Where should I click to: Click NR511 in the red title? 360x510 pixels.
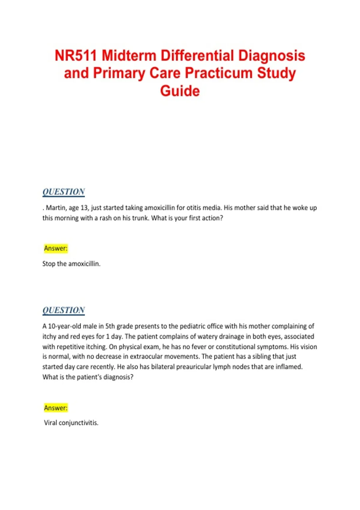click(76, 56)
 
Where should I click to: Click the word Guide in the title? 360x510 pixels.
click(180, 91)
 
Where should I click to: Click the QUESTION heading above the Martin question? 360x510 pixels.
click(64, 192)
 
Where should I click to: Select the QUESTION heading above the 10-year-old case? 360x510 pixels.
click(64, 310)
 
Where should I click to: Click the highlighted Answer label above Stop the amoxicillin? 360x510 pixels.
click(56, 248)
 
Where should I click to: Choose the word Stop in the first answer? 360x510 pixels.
click(49, 264)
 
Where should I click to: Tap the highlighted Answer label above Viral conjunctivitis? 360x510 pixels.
click(56, 408)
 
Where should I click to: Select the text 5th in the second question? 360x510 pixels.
click(110, 326)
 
